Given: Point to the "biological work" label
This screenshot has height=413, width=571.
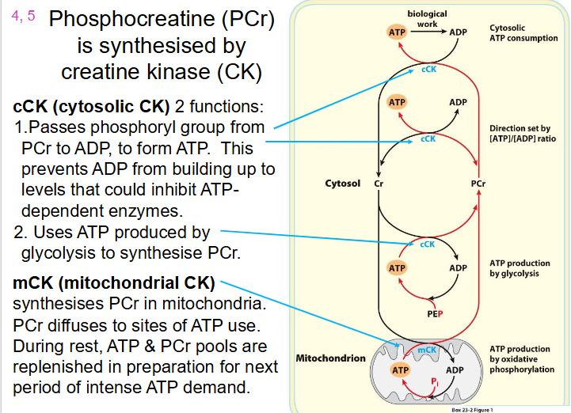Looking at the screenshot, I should (x=427, y=19).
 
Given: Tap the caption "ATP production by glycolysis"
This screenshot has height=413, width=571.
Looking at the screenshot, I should (x=520, y=268).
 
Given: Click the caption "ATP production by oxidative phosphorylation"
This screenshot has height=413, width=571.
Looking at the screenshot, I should (x=522, y=359).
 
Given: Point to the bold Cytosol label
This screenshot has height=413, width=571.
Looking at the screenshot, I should (x=342, y=184).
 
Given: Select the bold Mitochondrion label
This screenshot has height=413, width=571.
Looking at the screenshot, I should (x=330, y=358).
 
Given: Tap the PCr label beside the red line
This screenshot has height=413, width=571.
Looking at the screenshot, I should (x=478, y=184).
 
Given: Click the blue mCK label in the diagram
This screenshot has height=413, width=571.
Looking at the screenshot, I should (x=427, y=350).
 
